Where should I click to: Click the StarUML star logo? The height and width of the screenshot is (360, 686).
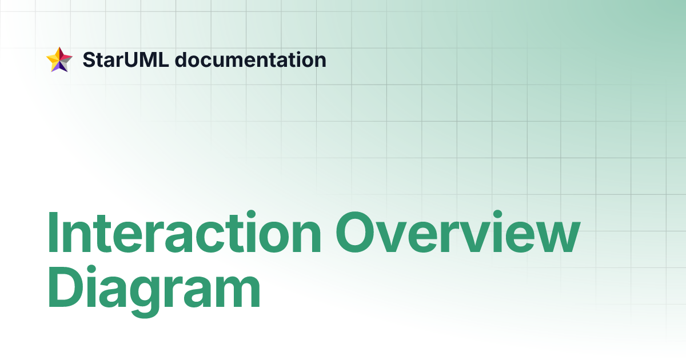(59, 59)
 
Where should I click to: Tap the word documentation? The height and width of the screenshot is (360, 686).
(250, 59)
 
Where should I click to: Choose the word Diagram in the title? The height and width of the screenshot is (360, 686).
(154, 291)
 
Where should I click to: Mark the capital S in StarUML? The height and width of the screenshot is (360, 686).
(89, 59)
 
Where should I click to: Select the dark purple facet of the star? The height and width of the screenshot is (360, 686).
(58, 66)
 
